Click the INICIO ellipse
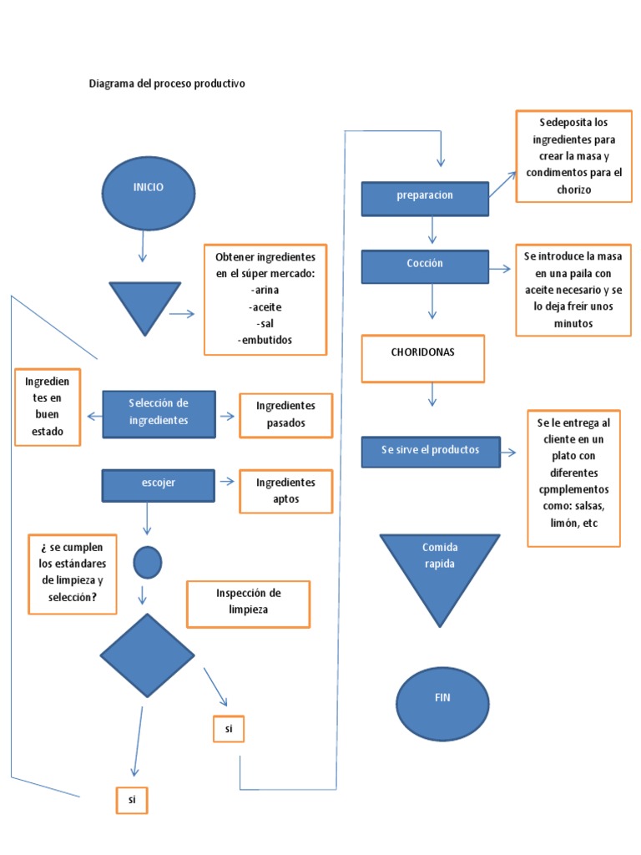click(148, 193)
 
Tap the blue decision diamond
click(147, 656)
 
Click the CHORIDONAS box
click(422, 358)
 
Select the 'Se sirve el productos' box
click(431, 452)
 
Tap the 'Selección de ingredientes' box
click(159, 414)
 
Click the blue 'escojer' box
click(159, 485)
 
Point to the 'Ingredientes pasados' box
click(286, 415)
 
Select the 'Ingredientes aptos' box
click(286, 491)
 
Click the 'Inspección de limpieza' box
click(248, 603)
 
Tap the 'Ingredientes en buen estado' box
click(48, 407)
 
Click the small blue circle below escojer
click(148, 562)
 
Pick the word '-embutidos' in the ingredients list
click(265, 340)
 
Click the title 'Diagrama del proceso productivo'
click(167, 84)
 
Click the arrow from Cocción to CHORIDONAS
click(432, 301)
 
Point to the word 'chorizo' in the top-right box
click(570, 190)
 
